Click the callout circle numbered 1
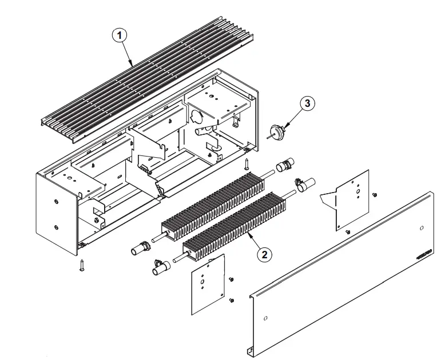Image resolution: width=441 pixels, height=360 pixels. tap(118, 34)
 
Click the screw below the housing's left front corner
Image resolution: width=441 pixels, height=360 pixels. tap(83, 265)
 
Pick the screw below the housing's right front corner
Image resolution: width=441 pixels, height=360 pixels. tap(247, 165)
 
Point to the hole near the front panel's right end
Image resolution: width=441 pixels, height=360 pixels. tap(421, 228)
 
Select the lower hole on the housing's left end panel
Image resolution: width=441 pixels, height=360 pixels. tap(56, 227)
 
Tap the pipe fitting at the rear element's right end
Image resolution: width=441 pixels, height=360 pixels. tap(284, 166)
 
